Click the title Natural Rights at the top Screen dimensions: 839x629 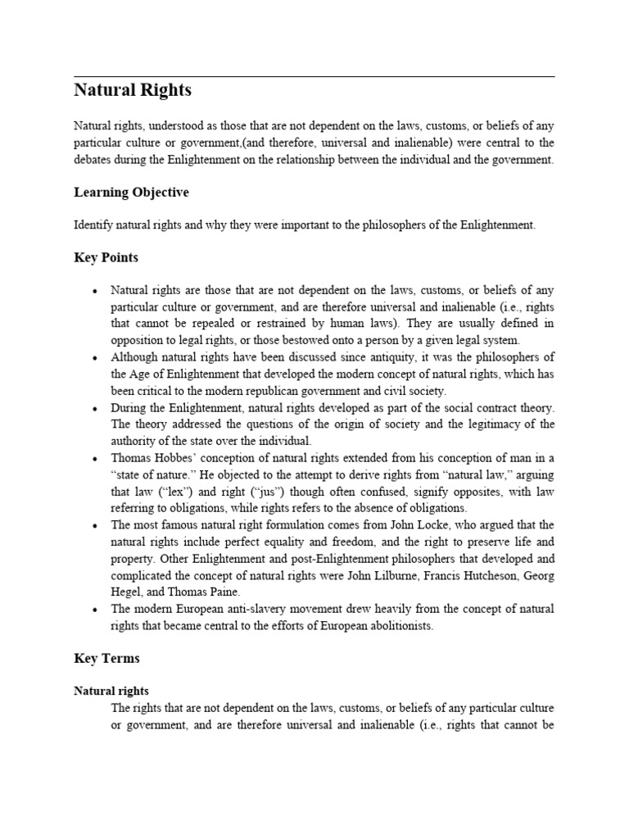coord(133,91)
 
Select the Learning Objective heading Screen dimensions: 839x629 coord(131,193)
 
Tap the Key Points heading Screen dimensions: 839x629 coord(106,257)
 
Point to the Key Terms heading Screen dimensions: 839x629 coord(106,658)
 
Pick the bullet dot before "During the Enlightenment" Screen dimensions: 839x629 coord(96,408)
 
